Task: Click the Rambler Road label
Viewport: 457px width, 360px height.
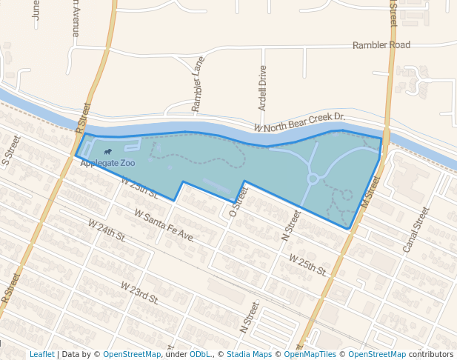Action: [381, 45]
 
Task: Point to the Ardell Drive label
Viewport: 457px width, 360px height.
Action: [262, 87]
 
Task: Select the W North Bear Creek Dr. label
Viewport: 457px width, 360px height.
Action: [300, 122]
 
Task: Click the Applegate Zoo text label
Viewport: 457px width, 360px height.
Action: [107, 162]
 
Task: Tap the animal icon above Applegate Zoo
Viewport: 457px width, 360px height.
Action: [99, 152]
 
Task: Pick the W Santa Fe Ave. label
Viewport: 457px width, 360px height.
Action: [164, 225]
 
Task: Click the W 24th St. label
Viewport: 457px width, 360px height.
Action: [107, 228]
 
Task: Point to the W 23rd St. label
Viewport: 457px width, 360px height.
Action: [140, 293]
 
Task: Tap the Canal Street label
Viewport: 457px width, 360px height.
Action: [416, 230]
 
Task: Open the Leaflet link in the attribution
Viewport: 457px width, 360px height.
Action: [41, 354]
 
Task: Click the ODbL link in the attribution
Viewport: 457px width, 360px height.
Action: [200, 354]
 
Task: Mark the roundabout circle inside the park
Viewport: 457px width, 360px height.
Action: [313, 179]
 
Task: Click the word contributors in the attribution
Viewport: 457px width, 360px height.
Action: [431, 354]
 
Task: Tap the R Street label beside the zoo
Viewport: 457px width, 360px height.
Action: [82, 119]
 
